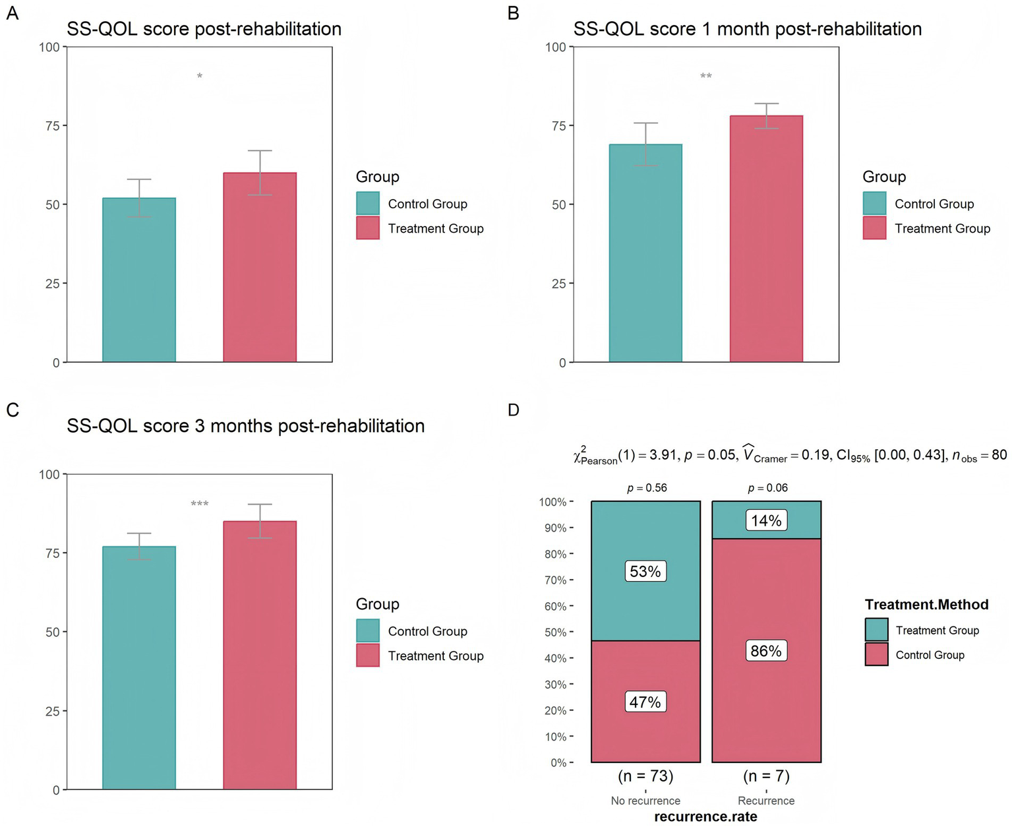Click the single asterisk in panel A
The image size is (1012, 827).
pyautogui.click(x=200, y=77)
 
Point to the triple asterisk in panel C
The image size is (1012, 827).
pyautogui.click(x=200, y=505)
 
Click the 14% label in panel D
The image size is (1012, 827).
pyautogui.click(x=766, y=520)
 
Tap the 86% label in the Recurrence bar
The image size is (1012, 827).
pyautogui.click(x=766, y=651)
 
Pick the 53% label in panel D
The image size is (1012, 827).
pyautogui.click(x=645, y=571)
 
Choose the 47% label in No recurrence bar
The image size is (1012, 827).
pyautogui.click(x=645, y=702)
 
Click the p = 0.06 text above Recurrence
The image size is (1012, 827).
pyautogui.click(x=767, y=488)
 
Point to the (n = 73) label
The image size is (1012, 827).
pyautogui.click(x=645, y=776)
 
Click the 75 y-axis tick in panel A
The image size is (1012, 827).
pyautogui.click(x=52, y=126)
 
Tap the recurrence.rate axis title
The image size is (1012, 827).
pyautogui.click(x=705, y=816)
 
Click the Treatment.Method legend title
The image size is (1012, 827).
pyautogui.click(x=926, y=605)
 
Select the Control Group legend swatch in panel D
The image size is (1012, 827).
pyautogui.click(x=876, y=654)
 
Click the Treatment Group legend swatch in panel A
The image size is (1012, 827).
pyautogui.click(x=368, y=228)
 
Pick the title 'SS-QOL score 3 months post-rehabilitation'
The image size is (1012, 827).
pyautogui.click(x=245, y=426)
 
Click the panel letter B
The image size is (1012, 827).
pyautogui.click(x=514, y=13)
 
